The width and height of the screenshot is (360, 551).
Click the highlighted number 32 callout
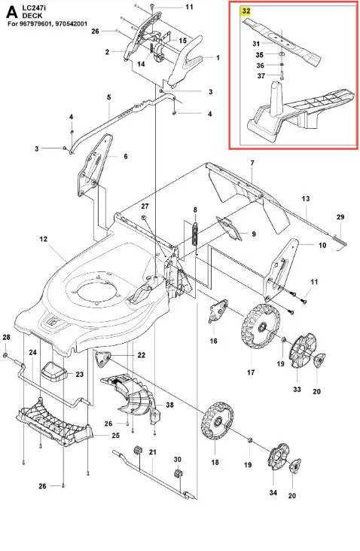pos(246,11)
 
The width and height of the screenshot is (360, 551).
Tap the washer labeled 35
pos(282,54)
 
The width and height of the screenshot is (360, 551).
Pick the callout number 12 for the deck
pos(43,239)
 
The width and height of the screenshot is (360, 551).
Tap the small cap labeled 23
pos(54,372)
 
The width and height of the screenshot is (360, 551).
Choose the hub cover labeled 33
pos(302,352)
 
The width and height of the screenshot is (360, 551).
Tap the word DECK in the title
pos(32,16)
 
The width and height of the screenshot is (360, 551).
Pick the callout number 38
pos(169,405)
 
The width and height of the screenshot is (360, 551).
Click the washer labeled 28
pos(5,356)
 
